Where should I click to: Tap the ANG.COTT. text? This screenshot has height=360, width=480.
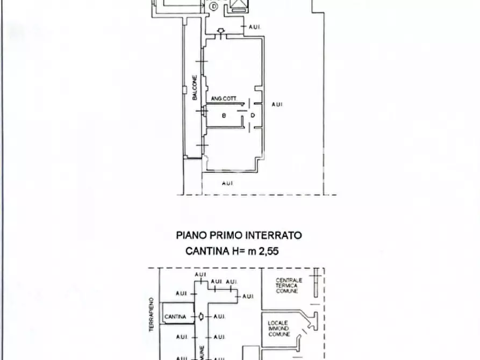click(224, 98)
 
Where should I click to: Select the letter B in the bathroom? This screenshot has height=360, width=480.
click(224, 115)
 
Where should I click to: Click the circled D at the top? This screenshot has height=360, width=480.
click(214, 6)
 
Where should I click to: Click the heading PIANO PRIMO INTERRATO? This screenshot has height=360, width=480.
click(239, 235)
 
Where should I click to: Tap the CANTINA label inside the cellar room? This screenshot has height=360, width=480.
click(176, 316)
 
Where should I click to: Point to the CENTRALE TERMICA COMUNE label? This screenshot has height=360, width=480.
click(289, 285)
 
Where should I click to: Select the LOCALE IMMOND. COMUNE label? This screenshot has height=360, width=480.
click(280, 328)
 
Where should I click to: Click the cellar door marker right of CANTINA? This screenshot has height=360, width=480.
click(200, 316)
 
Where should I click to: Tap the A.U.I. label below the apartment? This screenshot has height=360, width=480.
click(227, 184)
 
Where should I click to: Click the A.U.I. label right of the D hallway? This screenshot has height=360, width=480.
click(277, 104)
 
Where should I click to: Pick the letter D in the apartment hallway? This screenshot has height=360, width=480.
click(252, 115)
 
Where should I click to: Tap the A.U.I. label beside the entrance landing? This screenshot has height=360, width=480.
click(255, 26)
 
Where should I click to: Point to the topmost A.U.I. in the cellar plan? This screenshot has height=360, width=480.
click(200, 275)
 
